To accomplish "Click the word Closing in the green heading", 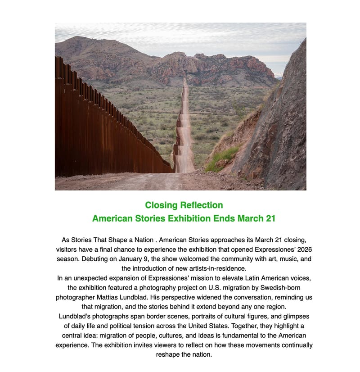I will (x=161, y=205).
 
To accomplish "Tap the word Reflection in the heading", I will (x=201, y=205).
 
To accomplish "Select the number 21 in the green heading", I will (x=270, y=219).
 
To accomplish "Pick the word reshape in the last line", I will (x=169, y=354).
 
